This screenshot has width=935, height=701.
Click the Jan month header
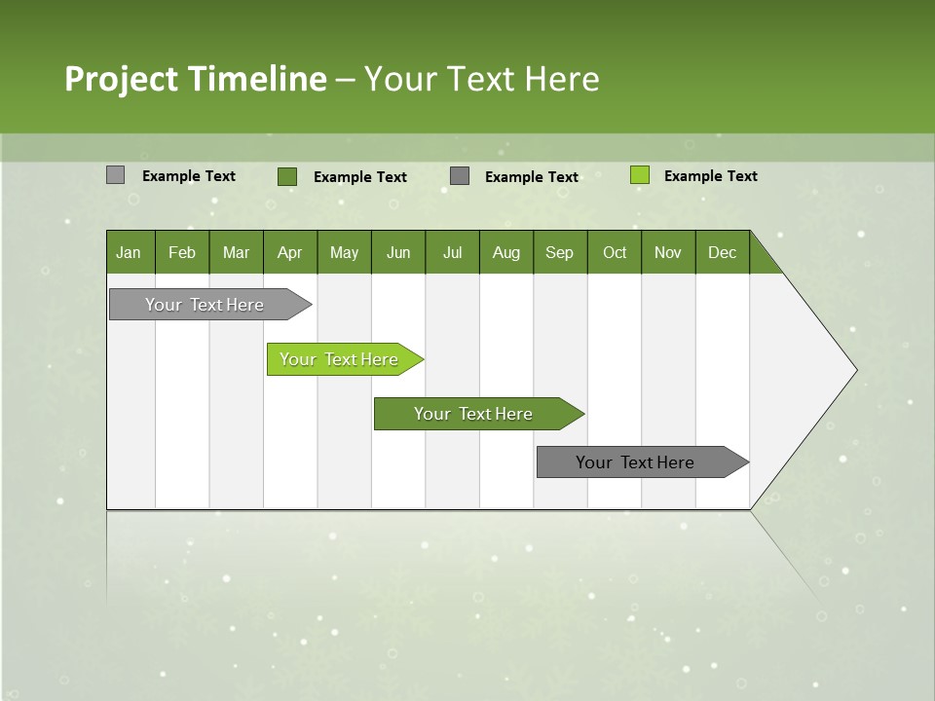point(129,253)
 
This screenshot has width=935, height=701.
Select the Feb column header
point(182,253)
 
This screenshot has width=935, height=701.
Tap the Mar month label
point(236,253)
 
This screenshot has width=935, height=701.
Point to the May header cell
point(344,253)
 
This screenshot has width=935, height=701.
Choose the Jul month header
point(452,253)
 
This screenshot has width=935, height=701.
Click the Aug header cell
point(506,253)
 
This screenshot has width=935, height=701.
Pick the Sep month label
point(559,253)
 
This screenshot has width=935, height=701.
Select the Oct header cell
point(615,253)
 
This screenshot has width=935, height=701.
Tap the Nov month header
point(668,253)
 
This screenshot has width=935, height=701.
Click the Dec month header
point(722,253)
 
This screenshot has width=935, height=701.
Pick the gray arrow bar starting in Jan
point(206,305)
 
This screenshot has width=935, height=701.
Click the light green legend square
point(639,175)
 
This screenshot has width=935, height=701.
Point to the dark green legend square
point(286,176)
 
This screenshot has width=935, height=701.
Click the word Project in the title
point(122,79)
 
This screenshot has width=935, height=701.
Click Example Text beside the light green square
point(710,176)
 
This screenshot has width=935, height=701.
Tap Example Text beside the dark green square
point(359,177)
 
